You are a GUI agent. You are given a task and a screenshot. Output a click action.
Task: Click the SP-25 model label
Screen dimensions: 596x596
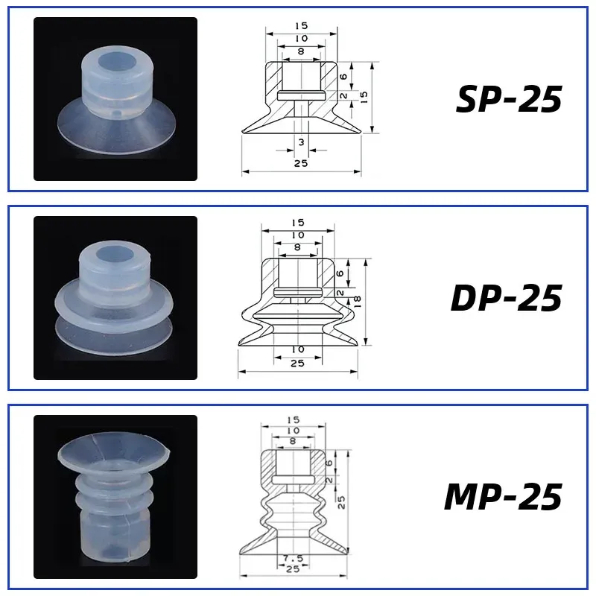(508, 99)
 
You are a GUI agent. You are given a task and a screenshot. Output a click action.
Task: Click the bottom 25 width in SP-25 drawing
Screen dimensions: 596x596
(300, 163)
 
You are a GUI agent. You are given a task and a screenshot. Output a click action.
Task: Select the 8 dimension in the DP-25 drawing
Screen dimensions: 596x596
(297, 247)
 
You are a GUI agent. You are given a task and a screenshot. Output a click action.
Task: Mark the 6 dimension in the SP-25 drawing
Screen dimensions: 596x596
(342, 76)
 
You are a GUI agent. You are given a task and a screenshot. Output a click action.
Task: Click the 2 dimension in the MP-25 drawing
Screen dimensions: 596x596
(329, 480)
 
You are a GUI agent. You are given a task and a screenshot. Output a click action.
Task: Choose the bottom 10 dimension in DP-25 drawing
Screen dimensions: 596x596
(297, 349)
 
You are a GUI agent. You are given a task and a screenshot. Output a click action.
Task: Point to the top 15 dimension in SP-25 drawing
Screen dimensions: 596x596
(300, 25)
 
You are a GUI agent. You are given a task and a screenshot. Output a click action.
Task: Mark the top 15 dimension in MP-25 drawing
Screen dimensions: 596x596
(293, 421)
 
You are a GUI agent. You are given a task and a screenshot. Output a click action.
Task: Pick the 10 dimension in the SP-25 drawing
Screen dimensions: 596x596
(300, 38)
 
